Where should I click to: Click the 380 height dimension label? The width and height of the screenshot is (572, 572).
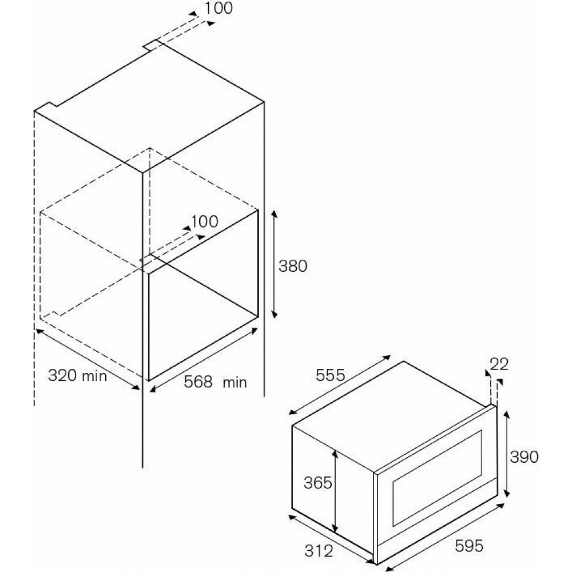pos(292,266)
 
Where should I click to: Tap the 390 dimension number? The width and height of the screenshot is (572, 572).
pos(524,456)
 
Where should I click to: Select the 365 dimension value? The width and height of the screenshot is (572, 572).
pos(317,483)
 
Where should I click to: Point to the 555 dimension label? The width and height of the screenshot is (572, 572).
pos(330,375)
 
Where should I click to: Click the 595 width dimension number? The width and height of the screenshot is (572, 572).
pos(469,545)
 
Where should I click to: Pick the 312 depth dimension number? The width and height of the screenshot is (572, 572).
pos(319,551)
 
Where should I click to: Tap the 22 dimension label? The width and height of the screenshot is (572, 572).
pos(499,364)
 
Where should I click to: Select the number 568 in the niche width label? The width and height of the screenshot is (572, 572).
pos(198,382)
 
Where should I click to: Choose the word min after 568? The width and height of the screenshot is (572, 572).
pos(235,382)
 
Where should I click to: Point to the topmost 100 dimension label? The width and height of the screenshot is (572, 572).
pos(218,8)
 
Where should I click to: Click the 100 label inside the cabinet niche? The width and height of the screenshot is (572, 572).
pos(204,221)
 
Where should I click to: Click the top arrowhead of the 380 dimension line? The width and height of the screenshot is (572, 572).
pos(274,214)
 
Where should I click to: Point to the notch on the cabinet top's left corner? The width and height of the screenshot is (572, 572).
pos(45,107)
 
